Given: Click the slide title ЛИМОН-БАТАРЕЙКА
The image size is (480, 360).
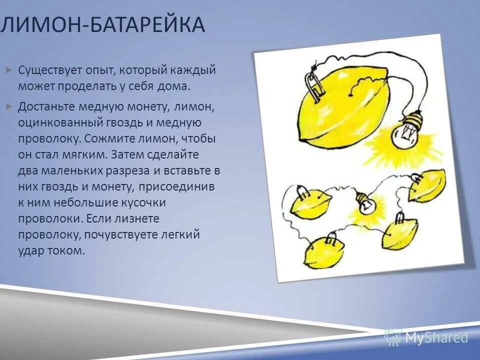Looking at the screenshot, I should pos(102,25).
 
